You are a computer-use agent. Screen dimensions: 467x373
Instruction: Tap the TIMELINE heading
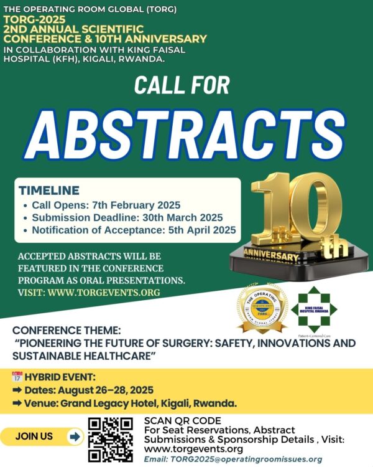(x=49, y=191)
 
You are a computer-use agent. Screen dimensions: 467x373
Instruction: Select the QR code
(x=111, y=440)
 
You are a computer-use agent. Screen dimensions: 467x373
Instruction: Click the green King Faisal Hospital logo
(x=314, y=309)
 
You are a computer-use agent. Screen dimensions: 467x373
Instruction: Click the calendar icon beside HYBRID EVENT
(x=17, y=377)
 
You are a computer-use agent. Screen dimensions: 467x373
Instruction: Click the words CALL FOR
(x=182, y=85)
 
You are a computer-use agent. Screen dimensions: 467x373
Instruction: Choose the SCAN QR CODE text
(x=180, y=421)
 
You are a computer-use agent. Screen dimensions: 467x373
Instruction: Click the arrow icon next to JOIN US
(x=75, y=436)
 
